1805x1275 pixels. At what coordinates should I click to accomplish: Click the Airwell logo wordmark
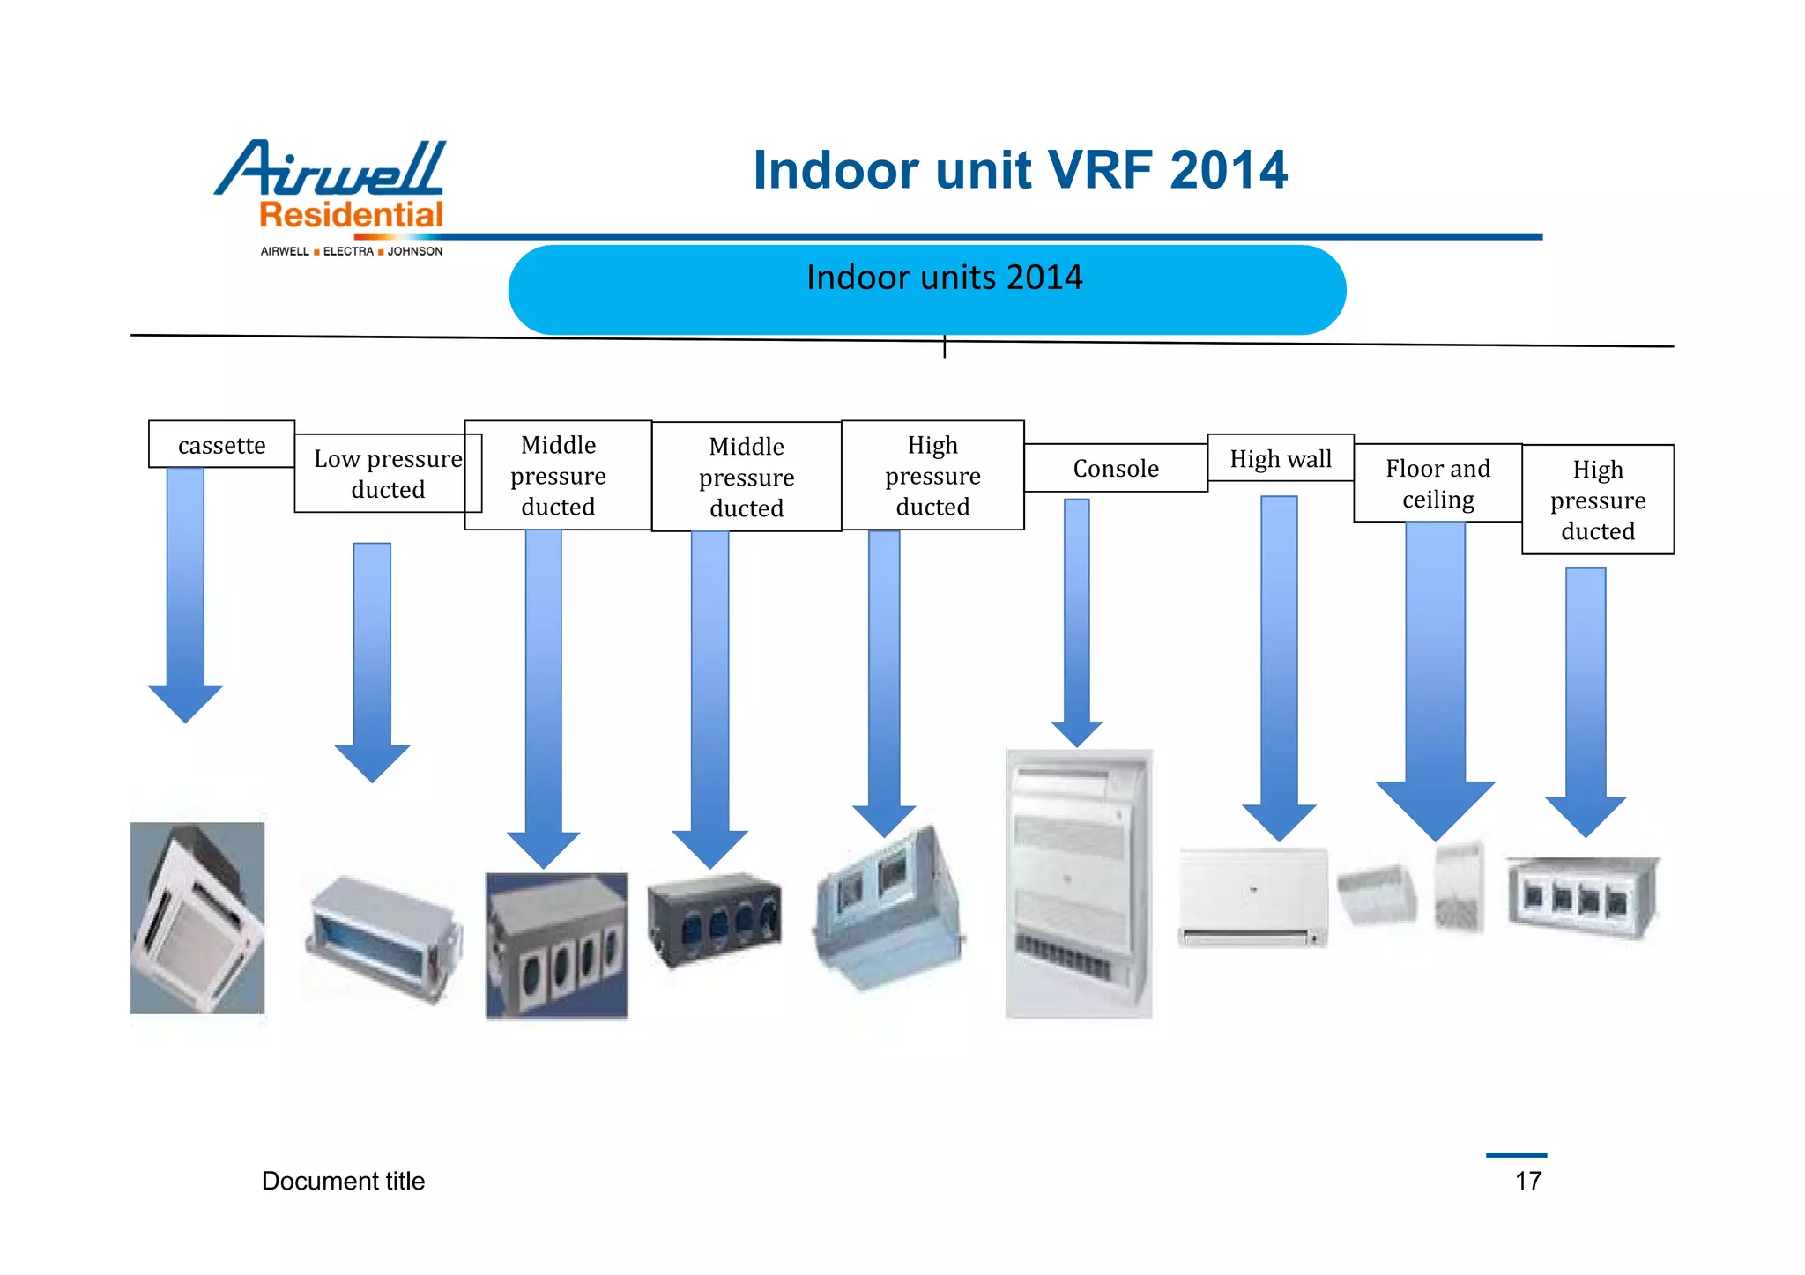331,168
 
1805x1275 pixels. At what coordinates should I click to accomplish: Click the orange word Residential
351,215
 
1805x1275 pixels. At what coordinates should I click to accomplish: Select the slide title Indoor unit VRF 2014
1020,169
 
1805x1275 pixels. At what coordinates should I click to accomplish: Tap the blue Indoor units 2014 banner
926,290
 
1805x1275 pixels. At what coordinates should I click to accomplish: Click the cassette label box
221,445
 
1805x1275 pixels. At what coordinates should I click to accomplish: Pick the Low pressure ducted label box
387,474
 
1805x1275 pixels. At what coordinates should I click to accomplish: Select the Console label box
1115,468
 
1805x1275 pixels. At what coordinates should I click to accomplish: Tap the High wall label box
1280,458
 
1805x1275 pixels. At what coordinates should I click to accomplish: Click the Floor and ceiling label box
1437,484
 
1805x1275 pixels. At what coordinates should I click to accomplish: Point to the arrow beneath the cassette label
185,599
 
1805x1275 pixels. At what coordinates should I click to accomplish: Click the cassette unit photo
197,917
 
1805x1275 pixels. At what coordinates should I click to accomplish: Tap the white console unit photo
1079,884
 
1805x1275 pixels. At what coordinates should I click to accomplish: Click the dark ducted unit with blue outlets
714,919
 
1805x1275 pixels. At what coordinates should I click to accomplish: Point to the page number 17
1528,1181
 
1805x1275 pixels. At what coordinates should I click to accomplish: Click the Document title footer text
343,1181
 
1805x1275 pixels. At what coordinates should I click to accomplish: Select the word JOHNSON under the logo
415,252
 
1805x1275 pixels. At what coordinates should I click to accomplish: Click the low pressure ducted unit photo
383,938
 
